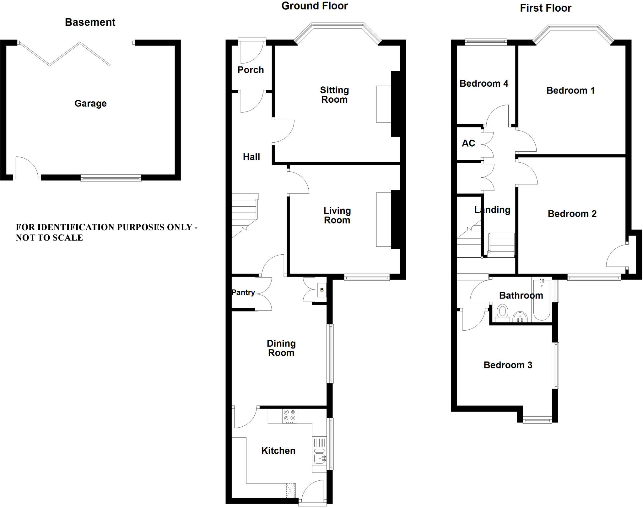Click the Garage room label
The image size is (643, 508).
[90, 103]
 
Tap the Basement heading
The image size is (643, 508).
[90, 22]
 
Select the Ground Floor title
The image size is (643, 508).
[315, 6]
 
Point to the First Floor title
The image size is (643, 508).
[545, 8]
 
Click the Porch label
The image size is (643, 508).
[251, 70]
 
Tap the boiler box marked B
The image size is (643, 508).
[322, 290]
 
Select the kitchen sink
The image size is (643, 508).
[320, 459]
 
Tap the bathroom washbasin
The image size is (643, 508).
[521, 317]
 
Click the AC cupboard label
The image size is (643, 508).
[468, 143]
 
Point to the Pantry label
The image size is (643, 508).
[243, 292]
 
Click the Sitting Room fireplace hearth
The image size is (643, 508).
[383, 104]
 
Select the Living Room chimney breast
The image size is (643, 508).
[396, 219]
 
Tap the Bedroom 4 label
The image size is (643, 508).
[484, 84]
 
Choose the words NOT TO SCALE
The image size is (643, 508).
[49, 238]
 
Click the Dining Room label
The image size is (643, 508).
[281, 348]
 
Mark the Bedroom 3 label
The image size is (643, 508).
[508, 365]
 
